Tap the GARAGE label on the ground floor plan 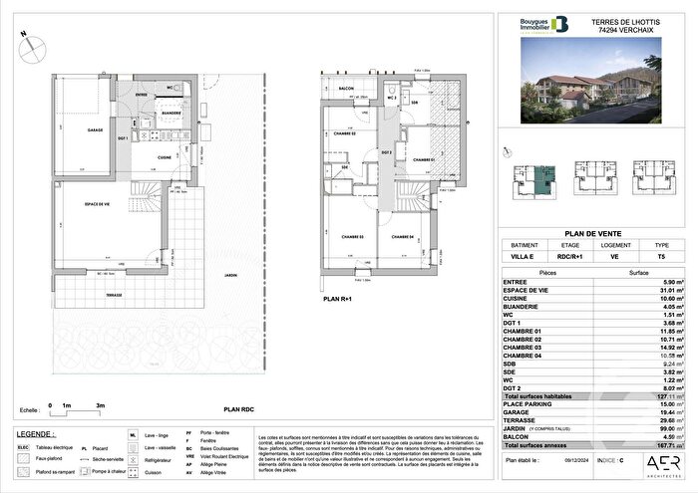[x=96, y=130]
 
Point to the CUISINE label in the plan [x=167, y=157]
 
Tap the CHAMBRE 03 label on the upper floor [x=347, y=236]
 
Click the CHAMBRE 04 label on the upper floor [x=402, y=236]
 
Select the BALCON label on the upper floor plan [x=347, y=88]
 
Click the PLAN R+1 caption [x=337, y=296]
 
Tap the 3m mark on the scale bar [x=100, y=405]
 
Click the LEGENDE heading [x=36, y=434]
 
